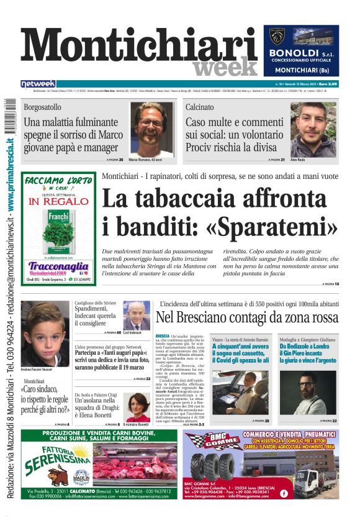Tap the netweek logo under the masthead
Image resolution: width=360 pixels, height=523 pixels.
coord(38,84)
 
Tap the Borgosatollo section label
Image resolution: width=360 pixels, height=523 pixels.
coord(47,107)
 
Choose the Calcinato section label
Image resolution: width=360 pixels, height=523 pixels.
coord(217,107)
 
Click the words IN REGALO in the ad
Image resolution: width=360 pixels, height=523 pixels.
coord(59,201)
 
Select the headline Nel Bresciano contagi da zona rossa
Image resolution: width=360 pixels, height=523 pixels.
coord(247,317)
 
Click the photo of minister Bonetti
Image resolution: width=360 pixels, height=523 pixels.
coord(138,407)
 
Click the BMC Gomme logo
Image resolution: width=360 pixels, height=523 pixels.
coord(209,442)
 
